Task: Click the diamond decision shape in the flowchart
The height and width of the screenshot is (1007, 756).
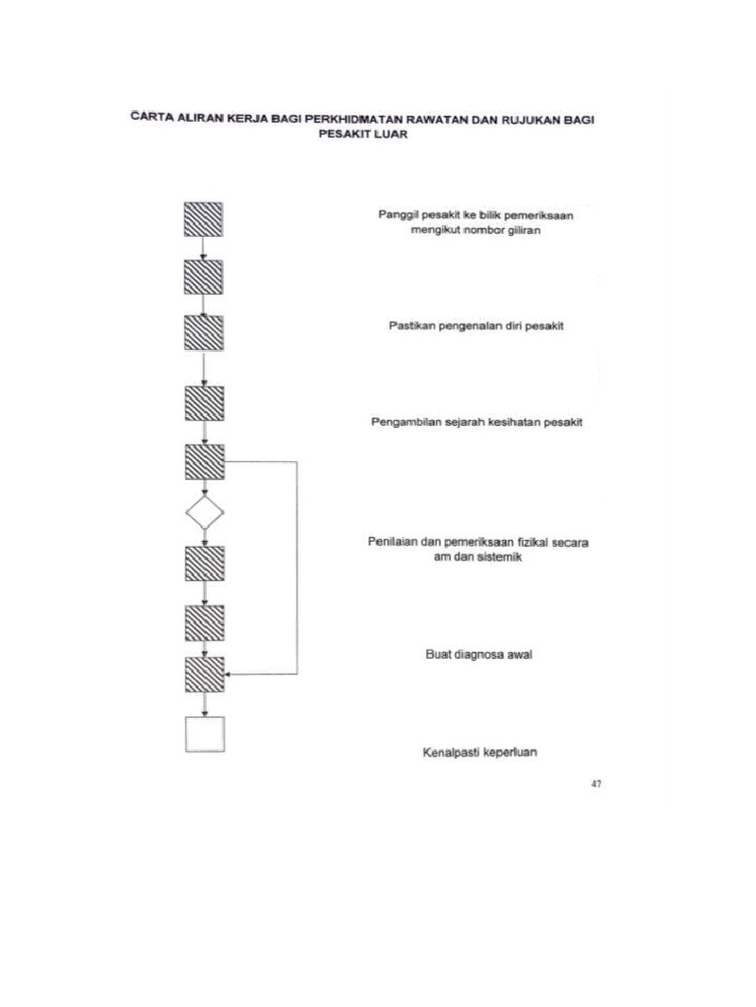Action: [x=204, y=511]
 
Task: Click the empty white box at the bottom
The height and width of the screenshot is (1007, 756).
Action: [x=204, y=733]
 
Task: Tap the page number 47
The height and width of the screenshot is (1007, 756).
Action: [x=596, y=784]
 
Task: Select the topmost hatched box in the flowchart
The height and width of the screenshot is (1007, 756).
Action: [x=204, y=218]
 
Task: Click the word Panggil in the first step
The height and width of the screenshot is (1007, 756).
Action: [x=399, y=214]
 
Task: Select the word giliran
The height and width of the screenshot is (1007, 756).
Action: [x=528, y=231]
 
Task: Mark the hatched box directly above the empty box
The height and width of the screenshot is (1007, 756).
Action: [x=204, y=674]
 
